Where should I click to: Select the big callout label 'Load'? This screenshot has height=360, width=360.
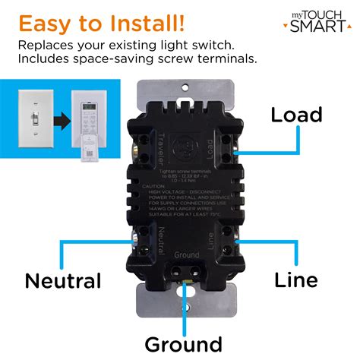[x=297, y=115]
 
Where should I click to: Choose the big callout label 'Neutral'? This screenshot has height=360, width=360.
[x=63, y=280]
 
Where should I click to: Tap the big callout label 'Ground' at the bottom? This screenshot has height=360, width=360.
[x=185, y=343]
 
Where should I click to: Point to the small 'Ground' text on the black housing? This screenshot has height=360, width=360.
[x=186, y=255]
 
